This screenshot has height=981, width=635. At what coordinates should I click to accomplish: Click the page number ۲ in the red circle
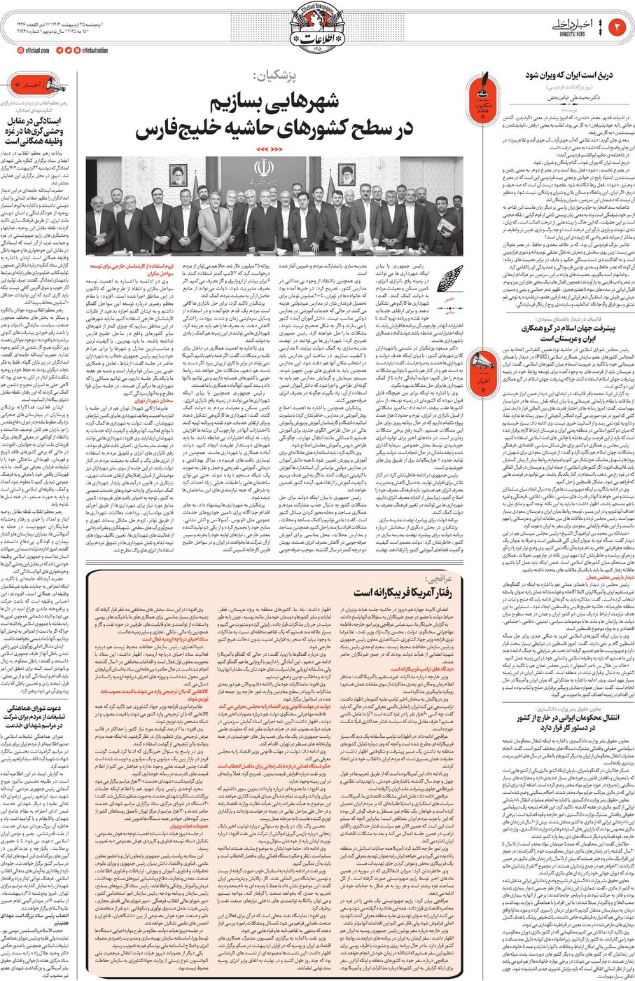pyautogui.click(x=617, y=26)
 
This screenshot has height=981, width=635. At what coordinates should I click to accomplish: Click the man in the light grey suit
pyautogui.click(x=215, y=221)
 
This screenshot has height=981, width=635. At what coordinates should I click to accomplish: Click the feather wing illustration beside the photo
pyautogui.click(x=449, y=274)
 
